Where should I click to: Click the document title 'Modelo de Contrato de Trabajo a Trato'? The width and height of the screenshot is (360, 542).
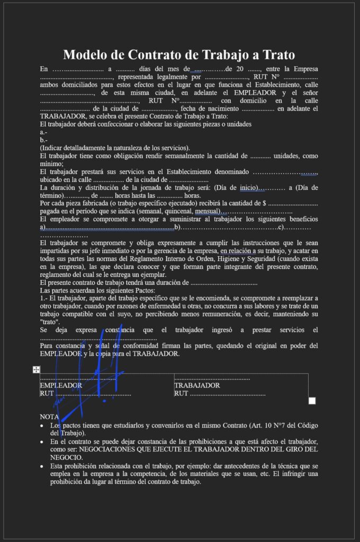179,55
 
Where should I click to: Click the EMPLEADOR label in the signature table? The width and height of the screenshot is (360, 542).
61,385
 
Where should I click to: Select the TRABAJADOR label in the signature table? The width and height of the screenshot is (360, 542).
197,385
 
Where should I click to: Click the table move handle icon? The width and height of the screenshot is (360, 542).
36,369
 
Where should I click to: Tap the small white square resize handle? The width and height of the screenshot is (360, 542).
312,401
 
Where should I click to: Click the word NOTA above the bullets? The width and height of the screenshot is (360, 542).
49,417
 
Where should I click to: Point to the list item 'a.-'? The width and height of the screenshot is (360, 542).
43,132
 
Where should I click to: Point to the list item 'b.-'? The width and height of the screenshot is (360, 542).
43,140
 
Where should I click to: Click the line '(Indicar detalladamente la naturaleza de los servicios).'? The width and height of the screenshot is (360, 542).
114,148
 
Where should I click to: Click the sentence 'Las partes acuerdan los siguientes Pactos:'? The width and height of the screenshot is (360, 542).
97,291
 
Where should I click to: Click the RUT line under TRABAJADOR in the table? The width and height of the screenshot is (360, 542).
219,393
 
